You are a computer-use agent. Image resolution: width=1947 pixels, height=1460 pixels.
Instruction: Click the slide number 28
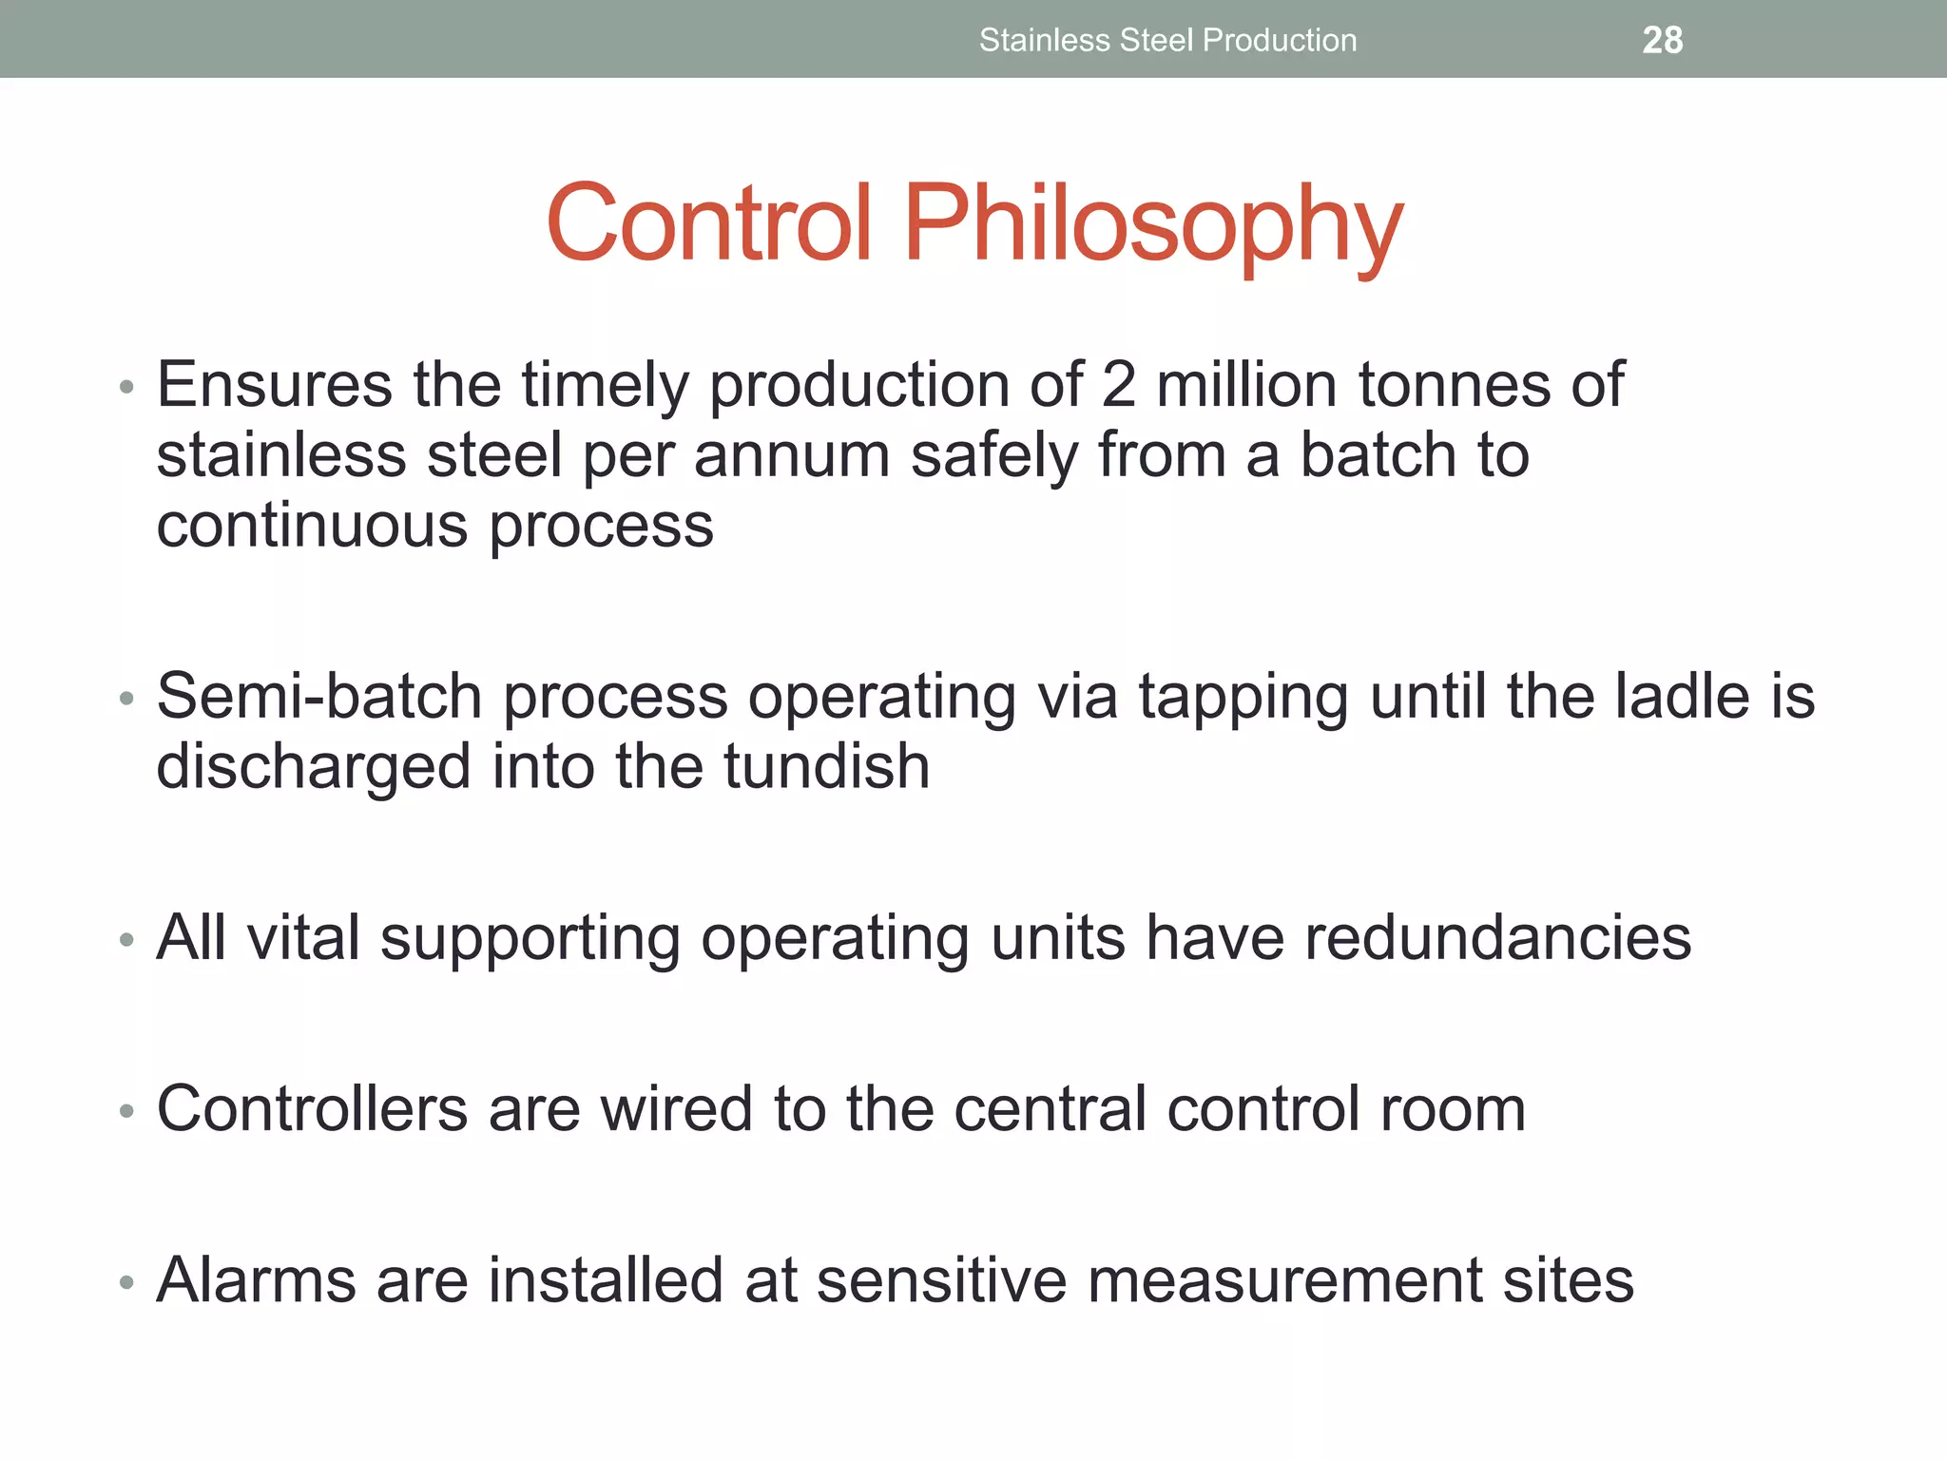coord(1662,40)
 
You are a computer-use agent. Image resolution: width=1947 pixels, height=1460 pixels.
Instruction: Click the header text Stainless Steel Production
coord(1167,40)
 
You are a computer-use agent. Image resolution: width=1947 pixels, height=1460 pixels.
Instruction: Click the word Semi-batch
coord(319,696)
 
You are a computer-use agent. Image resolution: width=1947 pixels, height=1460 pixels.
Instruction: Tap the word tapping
coord(1243,698)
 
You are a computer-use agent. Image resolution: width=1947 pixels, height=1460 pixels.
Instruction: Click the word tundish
coord(826,766)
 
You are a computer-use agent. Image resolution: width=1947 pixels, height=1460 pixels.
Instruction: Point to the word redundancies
coord(1497,937)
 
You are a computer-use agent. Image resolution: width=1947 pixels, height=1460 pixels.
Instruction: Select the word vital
coord(302,937)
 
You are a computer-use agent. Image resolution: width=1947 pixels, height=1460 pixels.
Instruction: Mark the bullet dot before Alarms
coord(126,1282)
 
